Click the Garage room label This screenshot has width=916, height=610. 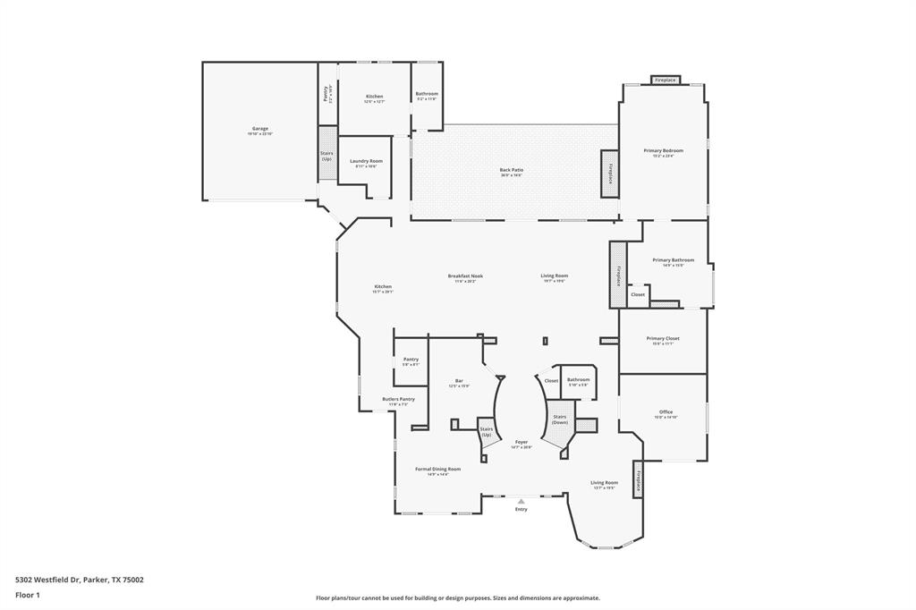[260, 129]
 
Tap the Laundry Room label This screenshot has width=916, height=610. [366, 161]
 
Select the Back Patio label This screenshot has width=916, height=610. [511, 170]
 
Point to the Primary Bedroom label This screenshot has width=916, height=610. [663, 151]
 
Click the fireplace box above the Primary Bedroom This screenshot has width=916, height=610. [665, 80]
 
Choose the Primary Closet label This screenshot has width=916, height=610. [663, 339]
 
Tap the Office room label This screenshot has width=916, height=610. [666, 412]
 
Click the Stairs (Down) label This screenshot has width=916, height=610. [560, 419]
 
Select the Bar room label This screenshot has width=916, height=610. [459, 380]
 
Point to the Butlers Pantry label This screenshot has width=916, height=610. [398, 399]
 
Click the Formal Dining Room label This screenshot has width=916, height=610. [437, 469]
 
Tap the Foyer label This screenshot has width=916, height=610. [521, 442]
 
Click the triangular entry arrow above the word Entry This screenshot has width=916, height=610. [521, 502]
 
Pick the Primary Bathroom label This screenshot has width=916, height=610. [673, 260]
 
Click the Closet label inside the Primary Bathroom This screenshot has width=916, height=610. [638, 294]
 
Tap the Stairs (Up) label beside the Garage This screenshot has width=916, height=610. [327, 156]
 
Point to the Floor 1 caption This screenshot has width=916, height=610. [28, 594]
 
